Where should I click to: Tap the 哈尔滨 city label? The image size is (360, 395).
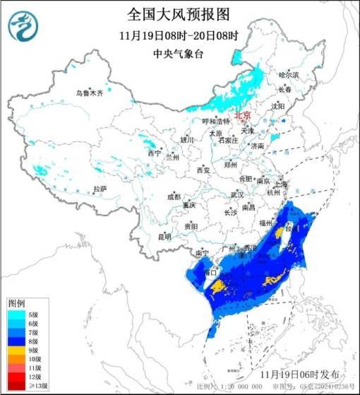coord(289,74)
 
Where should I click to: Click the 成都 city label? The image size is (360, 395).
coord(174,197)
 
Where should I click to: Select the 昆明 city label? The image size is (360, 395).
coord(164,237)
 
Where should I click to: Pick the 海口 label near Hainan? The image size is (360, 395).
coord(208,272)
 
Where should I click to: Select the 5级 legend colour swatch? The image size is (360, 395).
coord(17,314)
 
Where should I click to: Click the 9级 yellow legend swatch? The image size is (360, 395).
coord(17,350)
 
